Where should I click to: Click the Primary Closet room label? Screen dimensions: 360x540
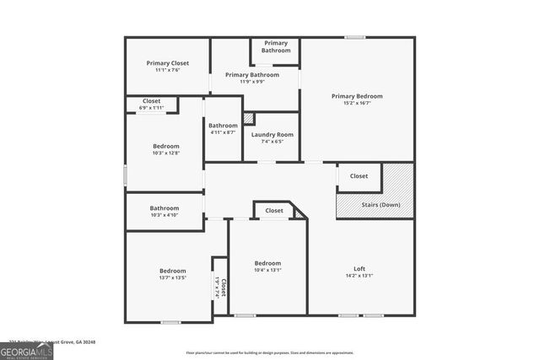(x=167, y=63)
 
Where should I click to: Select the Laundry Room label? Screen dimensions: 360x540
(x=273, y=135)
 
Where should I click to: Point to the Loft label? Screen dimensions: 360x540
(x=359, y=269)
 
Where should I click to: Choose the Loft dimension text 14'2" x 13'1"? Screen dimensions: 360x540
(x=359, y=276)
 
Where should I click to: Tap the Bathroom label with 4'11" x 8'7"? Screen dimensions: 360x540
(x=223, y=126)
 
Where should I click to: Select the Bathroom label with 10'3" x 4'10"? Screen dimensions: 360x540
(x=165, y=208)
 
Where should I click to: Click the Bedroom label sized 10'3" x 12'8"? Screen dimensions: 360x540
(x=165, y=146)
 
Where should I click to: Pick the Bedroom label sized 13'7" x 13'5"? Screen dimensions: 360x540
(x=172, y=271)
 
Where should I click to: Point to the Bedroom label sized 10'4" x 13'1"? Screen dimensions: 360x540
(x=267, y=263)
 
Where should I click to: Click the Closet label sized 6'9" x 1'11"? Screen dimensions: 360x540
(x=151, y=101)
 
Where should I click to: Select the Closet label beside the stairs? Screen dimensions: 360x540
(x=359, y=176)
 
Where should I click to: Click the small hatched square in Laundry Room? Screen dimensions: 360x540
(x=249, y=119)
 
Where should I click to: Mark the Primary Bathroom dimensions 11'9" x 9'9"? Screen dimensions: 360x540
(x=252, y=82)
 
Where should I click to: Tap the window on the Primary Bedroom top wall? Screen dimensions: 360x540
(x=354, y=37)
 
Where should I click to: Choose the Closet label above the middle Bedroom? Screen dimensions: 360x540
(x=274, y=211)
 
